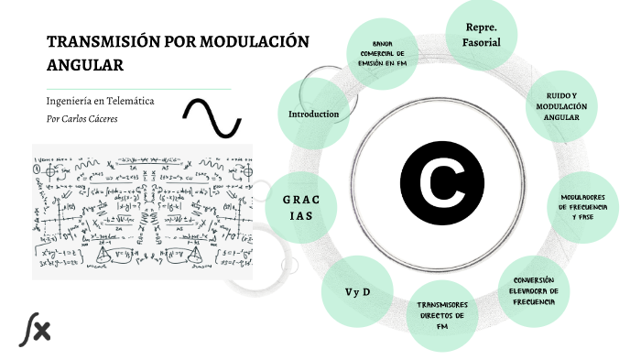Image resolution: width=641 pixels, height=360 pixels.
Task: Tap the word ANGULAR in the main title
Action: pyautogui.click(x=84, y=64)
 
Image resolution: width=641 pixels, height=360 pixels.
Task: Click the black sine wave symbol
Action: pyautogui.click(x=212, y=116)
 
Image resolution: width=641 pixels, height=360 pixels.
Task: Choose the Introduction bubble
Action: pyautogui.click(x=314, y=115)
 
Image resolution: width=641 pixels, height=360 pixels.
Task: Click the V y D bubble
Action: pyautogui.click(x=356, y=292)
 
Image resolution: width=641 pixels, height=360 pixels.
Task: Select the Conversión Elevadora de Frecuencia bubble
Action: pyautogui.click(x=535, y=291)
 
